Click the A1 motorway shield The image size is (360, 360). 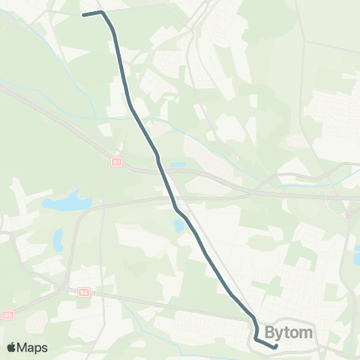point(115,161)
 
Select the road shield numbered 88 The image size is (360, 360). point(8,315)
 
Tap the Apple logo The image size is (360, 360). point(12,347)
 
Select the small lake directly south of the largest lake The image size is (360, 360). point(58,239)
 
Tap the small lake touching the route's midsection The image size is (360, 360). point(178,225)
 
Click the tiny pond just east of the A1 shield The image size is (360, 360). point(177,165)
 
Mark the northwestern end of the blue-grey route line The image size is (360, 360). point(83,14)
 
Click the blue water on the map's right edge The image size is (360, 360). point(356,257)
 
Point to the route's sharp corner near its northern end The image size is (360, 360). point(102,13)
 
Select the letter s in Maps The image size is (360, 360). point(44,348)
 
